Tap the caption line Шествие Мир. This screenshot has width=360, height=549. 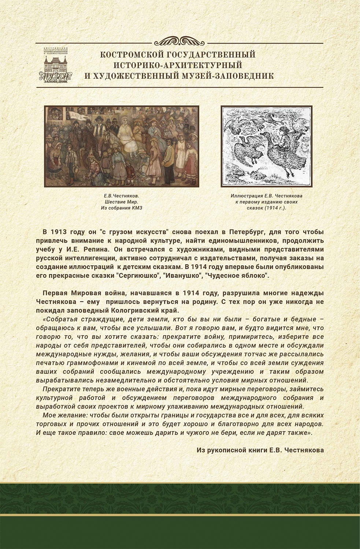(x=121, y=202)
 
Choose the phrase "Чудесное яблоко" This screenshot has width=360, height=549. (x=237, y=276)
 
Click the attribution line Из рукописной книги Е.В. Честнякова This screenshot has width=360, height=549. (x=260, y=450)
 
